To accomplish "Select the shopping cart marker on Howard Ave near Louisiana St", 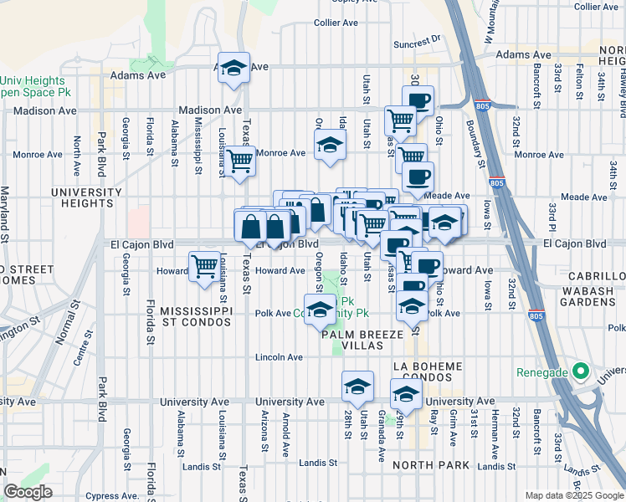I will tap(204, 267).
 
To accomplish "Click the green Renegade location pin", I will tap(578, 372).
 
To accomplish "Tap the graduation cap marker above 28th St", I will tap(357, 386).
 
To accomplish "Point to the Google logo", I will tap(28, 492).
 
